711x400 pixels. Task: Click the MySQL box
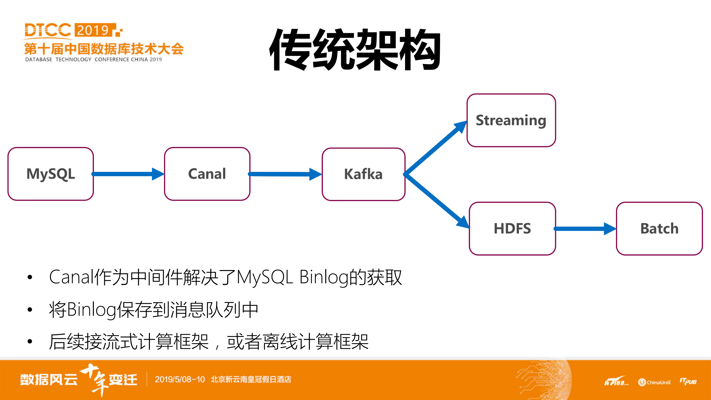point(51,174)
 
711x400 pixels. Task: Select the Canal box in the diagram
point(207,174)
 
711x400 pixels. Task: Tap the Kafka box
point(363,174)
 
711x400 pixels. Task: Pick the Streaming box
point(511,120)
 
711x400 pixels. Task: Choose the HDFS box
point(512,229)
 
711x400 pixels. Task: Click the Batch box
point(659,229)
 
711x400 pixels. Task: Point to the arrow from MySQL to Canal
point(127,174)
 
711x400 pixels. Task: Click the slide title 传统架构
point(355,50)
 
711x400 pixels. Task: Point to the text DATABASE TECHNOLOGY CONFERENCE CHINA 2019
point(93,59)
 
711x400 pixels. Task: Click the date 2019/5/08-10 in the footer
point(180,379)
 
